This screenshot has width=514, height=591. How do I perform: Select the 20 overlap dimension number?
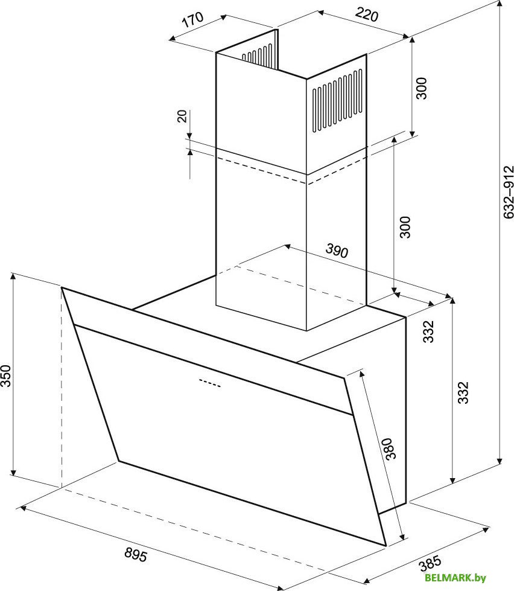[182, 116]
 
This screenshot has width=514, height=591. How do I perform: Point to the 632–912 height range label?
[509, 192]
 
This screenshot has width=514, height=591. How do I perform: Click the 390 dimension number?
[337, 251]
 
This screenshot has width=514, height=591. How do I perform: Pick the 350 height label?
[6, 375]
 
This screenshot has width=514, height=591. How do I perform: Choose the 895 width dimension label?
[136, 554]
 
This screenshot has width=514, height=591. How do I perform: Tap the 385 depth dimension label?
[430, 563]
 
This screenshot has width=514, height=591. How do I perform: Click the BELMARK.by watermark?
[455, 578]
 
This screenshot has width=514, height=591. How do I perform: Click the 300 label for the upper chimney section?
[422, 88]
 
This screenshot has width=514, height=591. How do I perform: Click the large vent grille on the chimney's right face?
[337, 100]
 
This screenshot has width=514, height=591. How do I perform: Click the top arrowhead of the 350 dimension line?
[13, 276]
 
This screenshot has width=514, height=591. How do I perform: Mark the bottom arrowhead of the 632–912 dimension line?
[500, 461]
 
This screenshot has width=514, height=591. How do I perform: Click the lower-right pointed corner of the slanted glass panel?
[386, 545]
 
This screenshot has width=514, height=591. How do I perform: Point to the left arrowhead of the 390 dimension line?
[287, 246]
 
